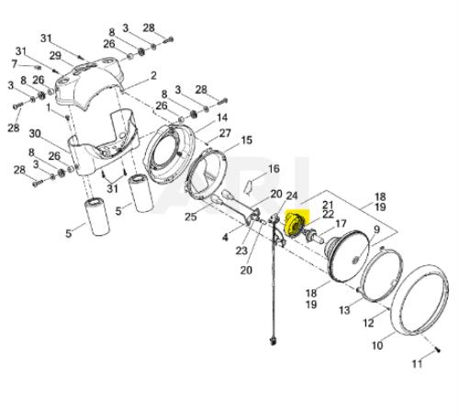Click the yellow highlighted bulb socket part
(295, 225)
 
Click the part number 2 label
(153, 75)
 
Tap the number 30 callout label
(35, 134)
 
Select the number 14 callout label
(222, 117)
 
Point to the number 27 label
(225, 133)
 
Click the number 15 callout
(247, 140)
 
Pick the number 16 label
(274, 169)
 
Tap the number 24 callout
(292, 195)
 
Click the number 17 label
(341, 224)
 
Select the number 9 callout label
(376, 229)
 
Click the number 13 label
(344, 310)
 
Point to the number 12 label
(368, 323)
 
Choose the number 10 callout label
(377, 345)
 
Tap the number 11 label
(417, 363)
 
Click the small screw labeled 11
(438, 350)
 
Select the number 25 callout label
(191, 217)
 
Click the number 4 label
(225, 237)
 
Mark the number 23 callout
(241, 251)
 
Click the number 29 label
(55, 56)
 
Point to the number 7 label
(14, 64)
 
